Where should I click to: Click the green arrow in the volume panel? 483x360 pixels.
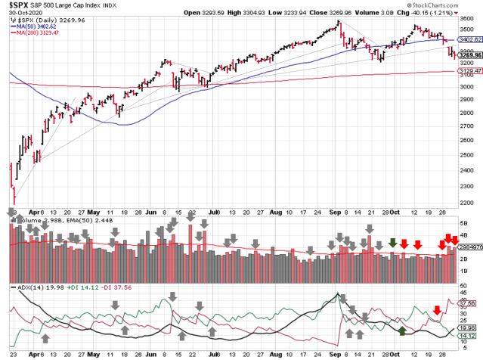click(x=392, y=243)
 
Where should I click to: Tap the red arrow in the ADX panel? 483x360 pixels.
click(x=437, y=309)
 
